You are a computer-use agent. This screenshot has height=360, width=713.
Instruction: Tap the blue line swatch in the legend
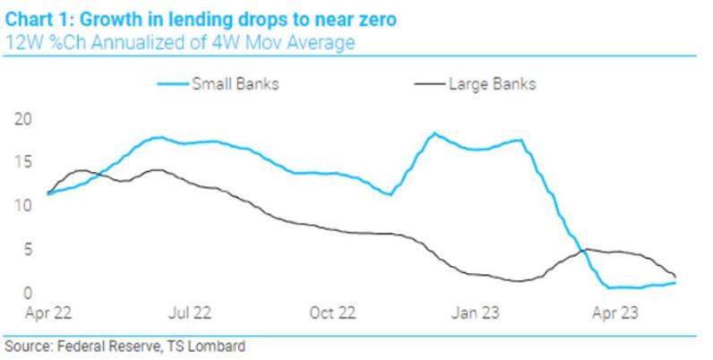pyautogui.click(x=172, y=85)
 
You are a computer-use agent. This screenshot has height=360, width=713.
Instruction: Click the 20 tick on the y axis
pyautogui.click(x=22, y=118)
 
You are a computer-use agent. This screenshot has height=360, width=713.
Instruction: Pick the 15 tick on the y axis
pyautogui.click(x=22, y=162)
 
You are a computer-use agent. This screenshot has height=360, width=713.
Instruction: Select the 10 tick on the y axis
pyautogui.click(x=22, y=206)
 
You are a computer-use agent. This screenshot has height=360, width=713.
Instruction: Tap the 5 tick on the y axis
pyautogui.click(x=26, y=250)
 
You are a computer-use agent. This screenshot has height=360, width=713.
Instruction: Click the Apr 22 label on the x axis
pyautogui.click(x=47, y=313)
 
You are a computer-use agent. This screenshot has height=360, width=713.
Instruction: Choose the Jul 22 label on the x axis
pyautogui.click(x=189, y=313)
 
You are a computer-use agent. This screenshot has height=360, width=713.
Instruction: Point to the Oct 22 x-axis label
pyautogui.click(x=331, y=313)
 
